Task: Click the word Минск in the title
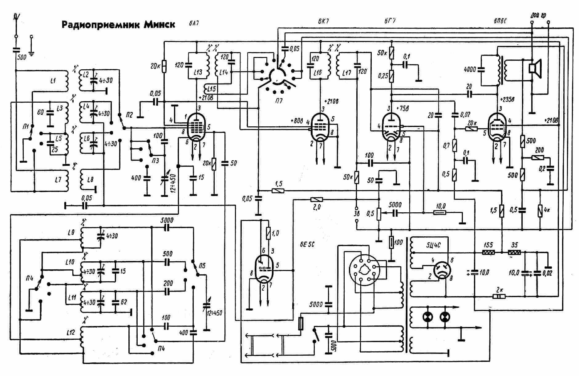159,24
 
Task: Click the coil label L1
53,81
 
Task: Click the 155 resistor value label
488,245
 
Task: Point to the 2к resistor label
500,290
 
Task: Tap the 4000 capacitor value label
470,70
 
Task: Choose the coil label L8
90,179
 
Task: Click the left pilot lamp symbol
428,317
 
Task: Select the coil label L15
211,89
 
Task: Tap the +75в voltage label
403,108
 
